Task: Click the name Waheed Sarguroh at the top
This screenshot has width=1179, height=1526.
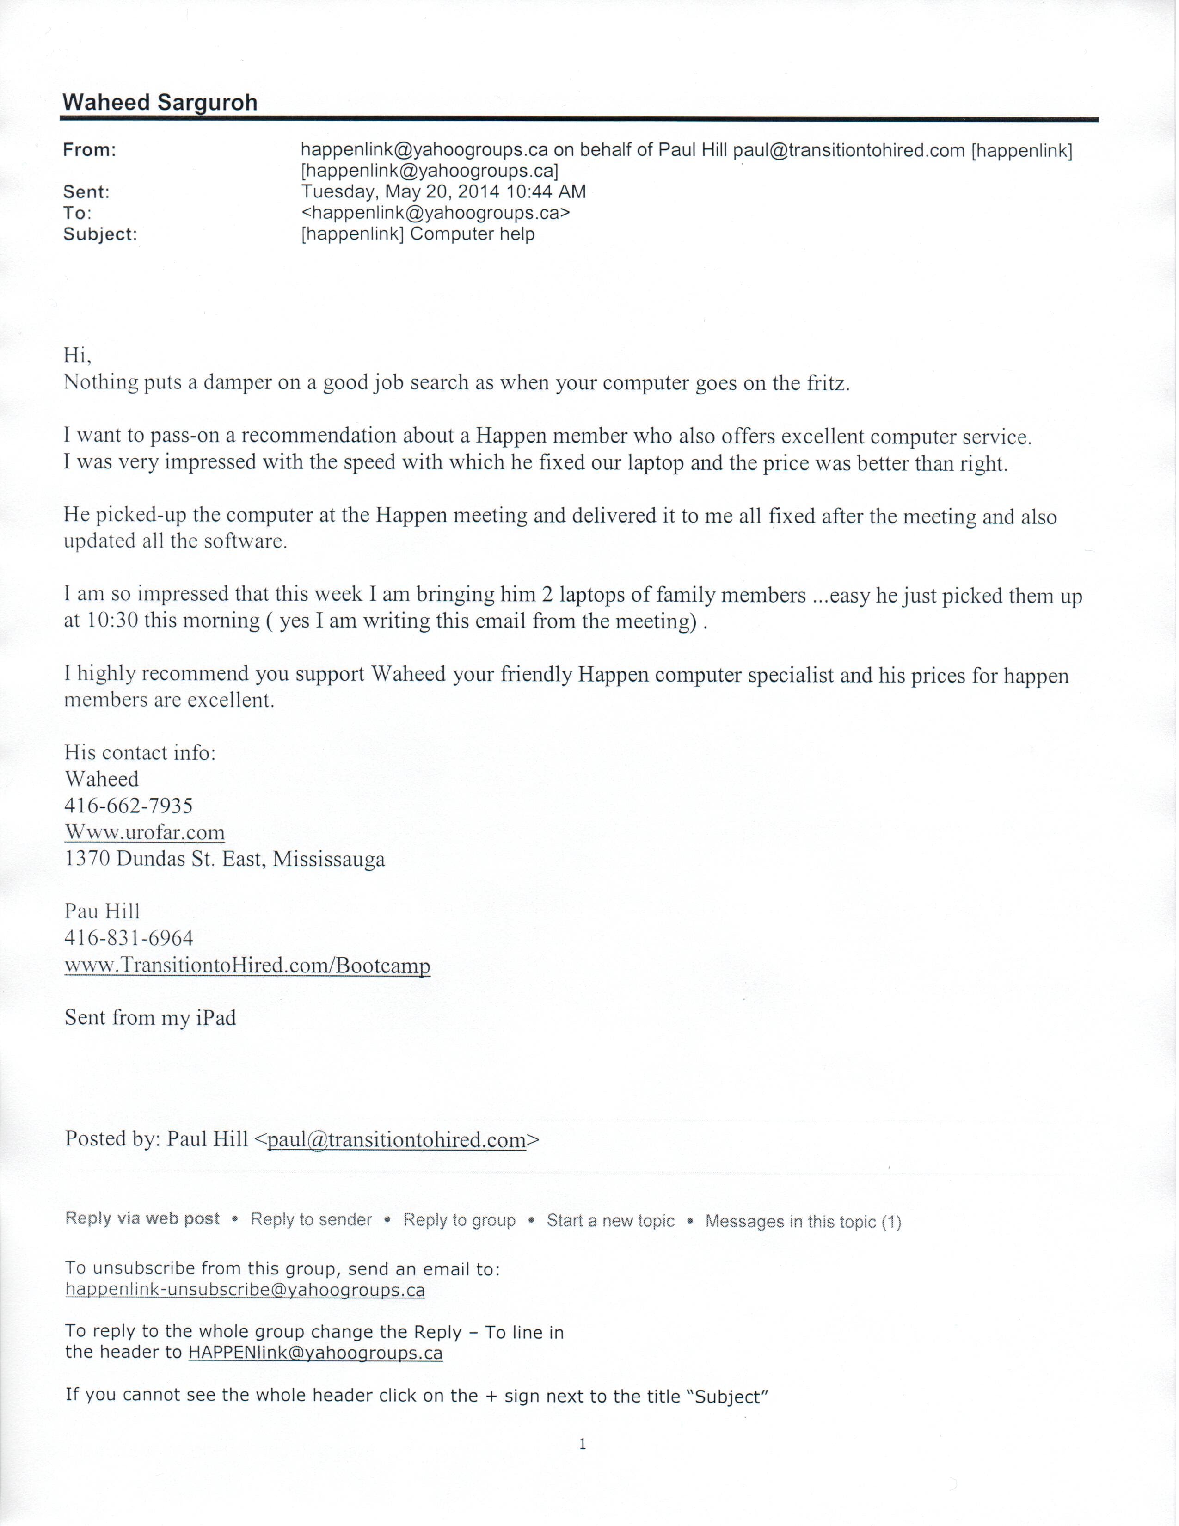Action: coord(160,103)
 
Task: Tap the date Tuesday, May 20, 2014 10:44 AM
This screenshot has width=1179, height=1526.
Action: coord(443,191)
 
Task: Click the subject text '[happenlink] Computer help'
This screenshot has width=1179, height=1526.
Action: coord(418,234)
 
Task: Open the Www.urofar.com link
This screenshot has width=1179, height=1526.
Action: coord(145,832)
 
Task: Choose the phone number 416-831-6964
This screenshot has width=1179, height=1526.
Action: coord(129,938)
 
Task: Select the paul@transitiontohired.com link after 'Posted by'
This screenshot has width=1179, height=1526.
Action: coord(396,1139)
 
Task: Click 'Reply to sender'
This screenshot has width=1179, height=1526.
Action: coord(312,1219)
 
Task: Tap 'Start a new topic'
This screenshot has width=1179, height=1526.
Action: coord(610,1221)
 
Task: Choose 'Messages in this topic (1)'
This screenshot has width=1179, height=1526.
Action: coord(803,1221)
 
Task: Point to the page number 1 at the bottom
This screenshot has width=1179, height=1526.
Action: coord(583,1444)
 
